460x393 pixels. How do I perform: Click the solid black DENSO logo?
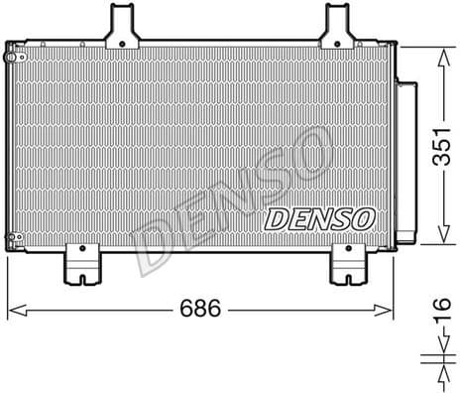click(x=319, y=217)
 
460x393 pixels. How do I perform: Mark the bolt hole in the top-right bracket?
click(x=339, y=39)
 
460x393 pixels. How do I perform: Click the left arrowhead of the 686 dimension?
click(x=12, y=312)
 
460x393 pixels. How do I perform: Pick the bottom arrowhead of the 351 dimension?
click(x=436, y=241)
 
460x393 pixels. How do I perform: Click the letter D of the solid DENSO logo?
click(x=277, y=217)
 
